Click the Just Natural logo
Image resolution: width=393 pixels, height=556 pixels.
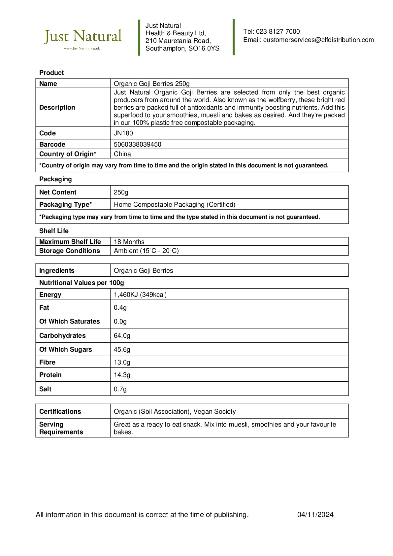tap(83, 38)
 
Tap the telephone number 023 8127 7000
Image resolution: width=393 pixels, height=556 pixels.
tap(278, 32)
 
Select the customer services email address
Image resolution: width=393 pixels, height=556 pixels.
tap(318, 40)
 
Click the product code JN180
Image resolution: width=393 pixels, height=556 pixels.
tap(123, 133)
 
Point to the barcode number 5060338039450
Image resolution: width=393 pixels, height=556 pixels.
tap(138, 145)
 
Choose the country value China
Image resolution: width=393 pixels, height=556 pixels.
tap(122, 154)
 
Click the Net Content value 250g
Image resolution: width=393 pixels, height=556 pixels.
tap(121, 192)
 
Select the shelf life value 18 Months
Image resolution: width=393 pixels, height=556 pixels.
tap(129, 242)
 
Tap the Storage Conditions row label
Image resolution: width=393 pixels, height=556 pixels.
tap(69, 251)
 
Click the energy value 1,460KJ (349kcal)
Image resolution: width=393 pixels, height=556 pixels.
tap(140, 295)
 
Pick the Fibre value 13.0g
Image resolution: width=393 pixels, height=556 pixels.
tap(122, 363)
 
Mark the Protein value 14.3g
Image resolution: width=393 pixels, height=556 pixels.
tap(122, 375)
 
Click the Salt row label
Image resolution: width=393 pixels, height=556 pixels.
tap(45, 389)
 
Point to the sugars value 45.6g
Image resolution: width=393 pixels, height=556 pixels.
tap(122, 350)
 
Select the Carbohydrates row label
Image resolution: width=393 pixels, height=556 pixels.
tap(62, 336)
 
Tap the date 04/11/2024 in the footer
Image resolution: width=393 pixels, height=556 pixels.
tap(315, 515)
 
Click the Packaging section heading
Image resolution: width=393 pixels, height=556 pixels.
tap(55, 179)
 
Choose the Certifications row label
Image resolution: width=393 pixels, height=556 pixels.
tap(60, 412)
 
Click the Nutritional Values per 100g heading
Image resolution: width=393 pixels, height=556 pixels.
tap(82, 283)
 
